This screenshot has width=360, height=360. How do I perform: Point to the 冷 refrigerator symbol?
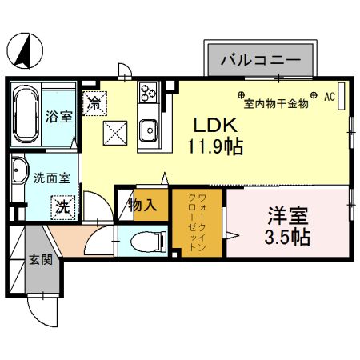point(95,102)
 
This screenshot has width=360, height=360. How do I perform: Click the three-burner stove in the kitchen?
point(149,94)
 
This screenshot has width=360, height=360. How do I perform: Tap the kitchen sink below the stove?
point(148,129)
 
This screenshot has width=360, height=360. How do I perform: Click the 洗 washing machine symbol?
point(62,206)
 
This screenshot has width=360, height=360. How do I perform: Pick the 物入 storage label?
point(142,206)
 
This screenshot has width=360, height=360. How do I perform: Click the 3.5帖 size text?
point(288,238)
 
